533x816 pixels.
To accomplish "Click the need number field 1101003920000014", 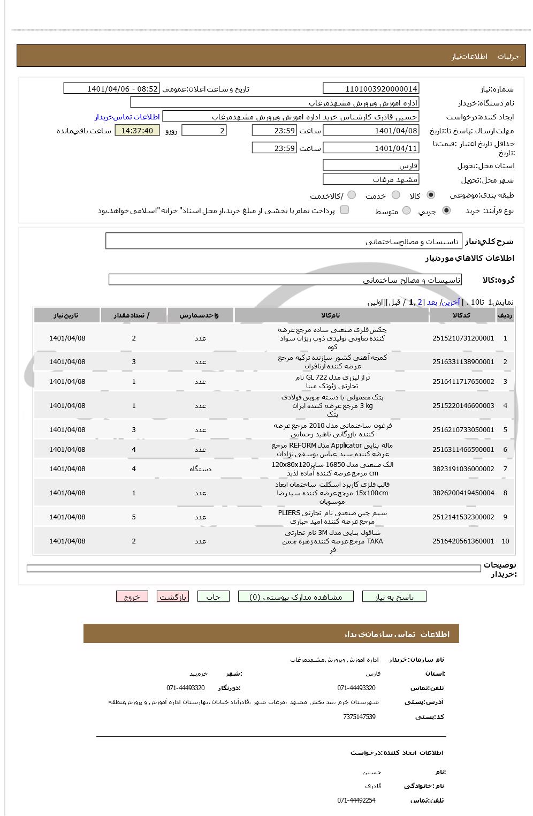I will tap(371, 88).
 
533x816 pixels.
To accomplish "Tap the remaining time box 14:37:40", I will tap(137, 131).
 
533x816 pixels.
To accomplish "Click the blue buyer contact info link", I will tap(127, 117).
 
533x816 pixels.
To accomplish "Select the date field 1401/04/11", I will tap(371, 148).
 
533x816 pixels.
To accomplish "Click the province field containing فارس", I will tap(371, 165).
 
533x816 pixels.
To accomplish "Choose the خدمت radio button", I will tap(396, 195).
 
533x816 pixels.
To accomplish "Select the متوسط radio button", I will tap(407, 211).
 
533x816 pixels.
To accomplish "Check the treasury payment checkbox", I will tap(345, 210).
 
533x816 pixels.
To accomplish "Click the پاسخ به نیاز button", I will tap(394, 597).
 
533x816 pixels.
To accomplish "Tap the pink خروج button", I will tap(132, 597).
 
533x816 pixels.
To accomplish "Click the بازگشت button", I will tap(173, 597).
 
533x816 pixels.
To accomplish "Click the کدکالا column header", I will tap(461, 315).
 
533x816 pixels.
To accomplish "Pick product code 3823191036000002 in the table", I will tap(463, 469).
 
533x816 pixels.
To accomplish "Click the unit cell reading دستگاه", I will tap(201, 469).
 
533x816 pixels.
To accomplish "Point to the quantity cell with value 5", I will tap(134, 517).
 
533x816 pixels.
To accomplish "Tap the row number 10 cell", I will tap(505, 541).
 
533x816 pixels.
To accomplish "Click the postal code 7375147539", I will tap(359, 717).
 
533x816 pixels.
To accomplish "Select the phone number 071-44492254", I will tap(356, 800).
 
